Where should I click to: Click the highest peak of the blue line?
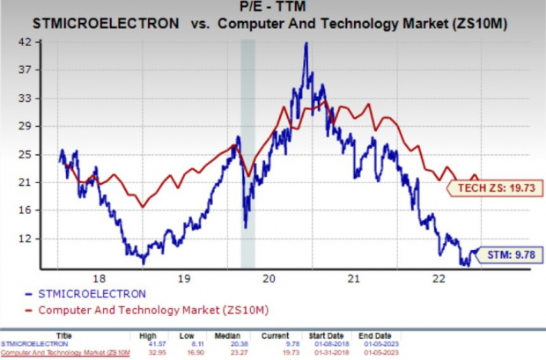click(306, 44)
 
